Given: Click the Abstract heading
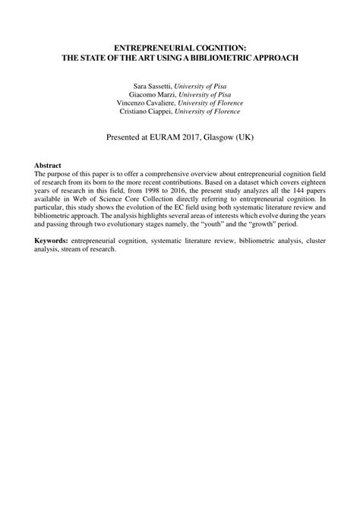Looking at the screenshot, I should tap(48, 165).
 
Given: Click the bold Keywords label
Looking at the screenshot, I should tap(51, 240).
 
